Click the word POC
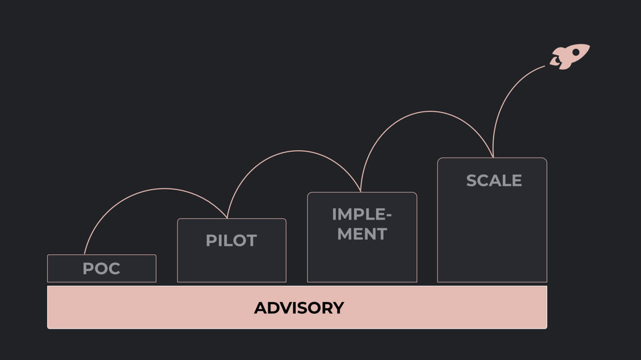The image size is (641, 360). pyautogui.click(x=101, y=268)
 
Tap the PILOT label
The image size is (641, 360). pyautogui.click(x=231, y=241)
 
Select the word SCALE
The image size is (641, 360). pyautogui.click(x=494, y=181)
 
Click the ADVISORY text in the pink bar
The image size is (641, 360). pyautogui.click(x=299, y=308)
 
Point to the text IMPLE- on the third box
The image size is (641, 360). pyautogui.click(x=362, y=214)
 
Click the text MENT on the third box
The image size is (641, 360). pyautogui.click(x=362, y=233)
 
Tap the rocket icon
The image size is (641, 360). pyautogui.click(x=570, y=56)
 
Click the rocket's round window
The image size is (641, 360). pyautogui.click(x=576, y=52)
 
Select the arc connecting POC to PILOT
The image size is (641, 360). pyautogui.click(x=163, y=189)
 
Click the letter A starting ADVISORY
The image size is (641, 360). pyautogui.click(x=260, y=308)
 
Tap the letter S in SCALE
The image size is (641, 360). pyautogui.click(x=472, y=181)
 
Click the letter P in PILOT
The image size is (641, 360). pyautogui.click(x=210, y=241)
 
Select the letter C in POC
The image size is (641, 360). pyautogui.click(x=114, y=268)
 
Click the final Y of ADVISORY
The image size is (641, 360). pyautogui.click(x=338, y=308)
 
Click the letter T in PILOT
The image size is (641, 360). pyautogui.click(x=251, y=241)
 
